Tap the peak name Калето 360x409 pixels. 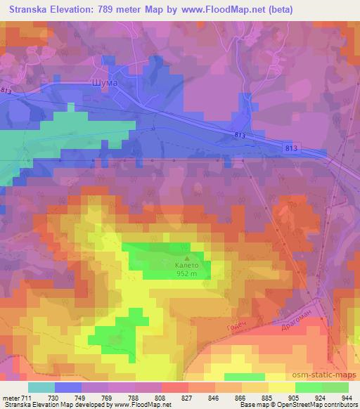[x=186, y=266]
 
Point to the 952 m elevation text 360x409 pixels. [x=186, y=275]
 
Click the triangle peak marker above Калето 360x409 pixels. [x=186, y=258]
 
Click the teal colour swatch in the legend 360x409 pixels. [x=41, y=388]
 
